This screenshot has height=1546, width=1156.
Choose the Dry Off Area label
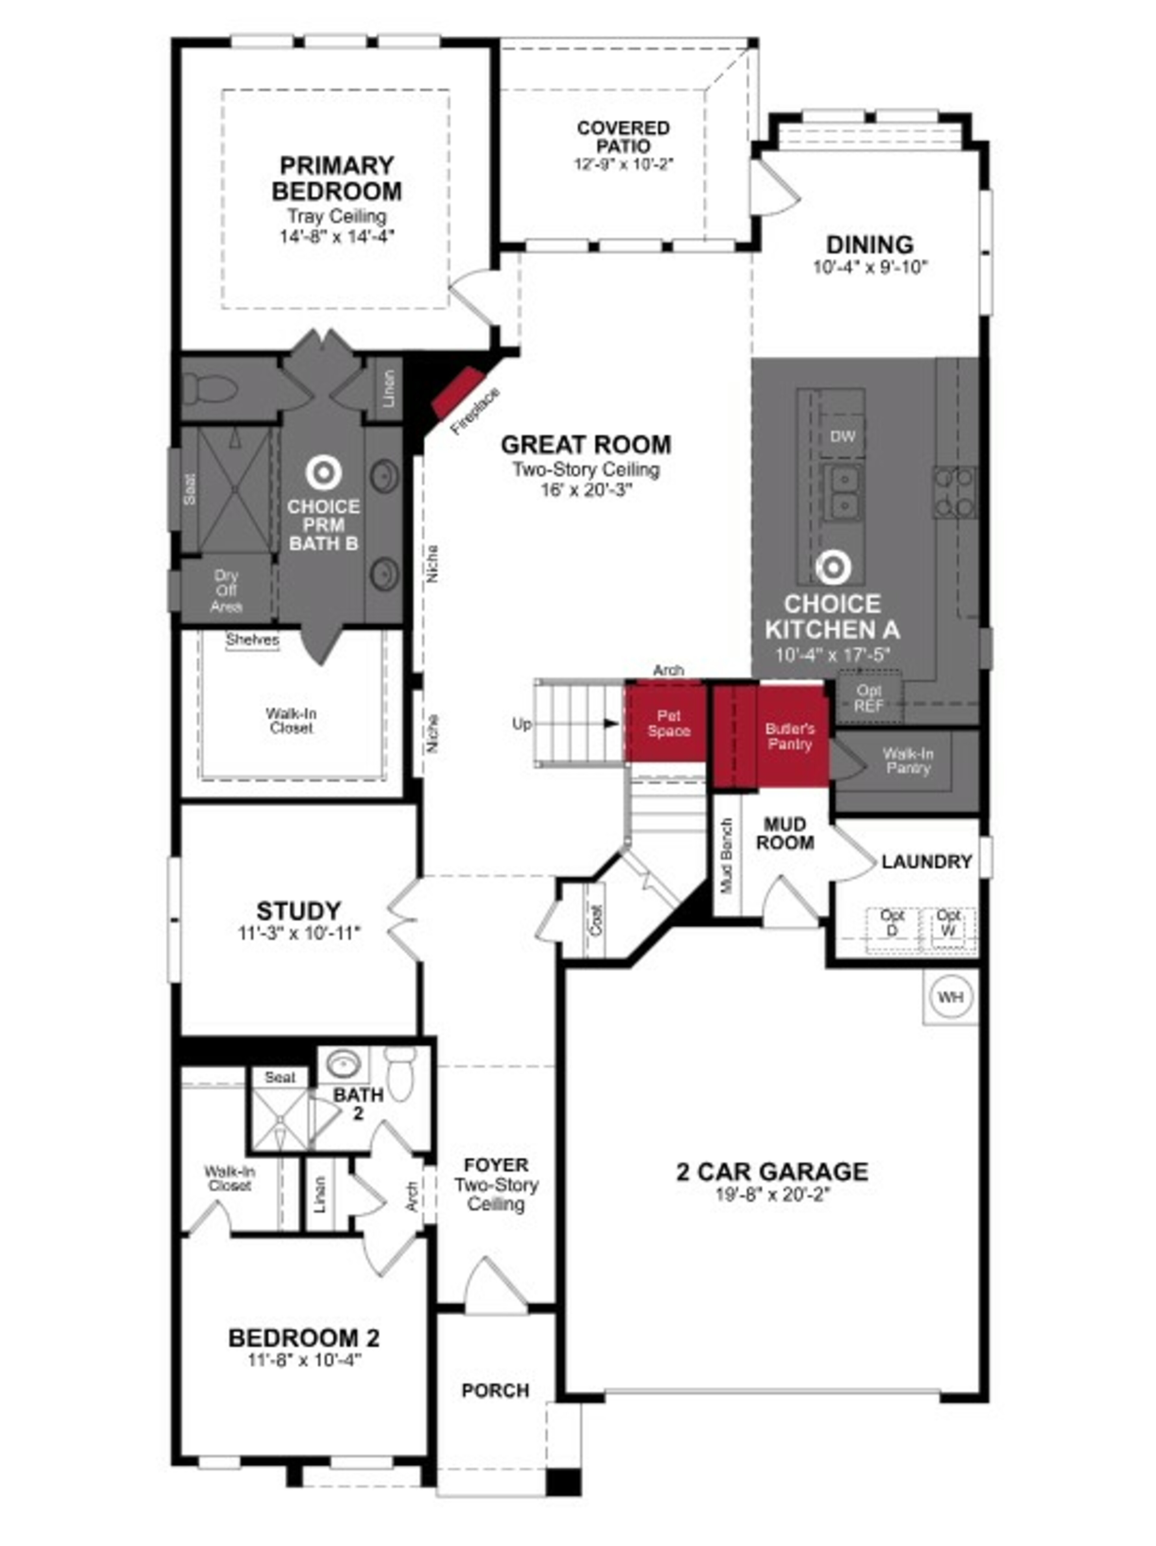coord(226,591)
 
